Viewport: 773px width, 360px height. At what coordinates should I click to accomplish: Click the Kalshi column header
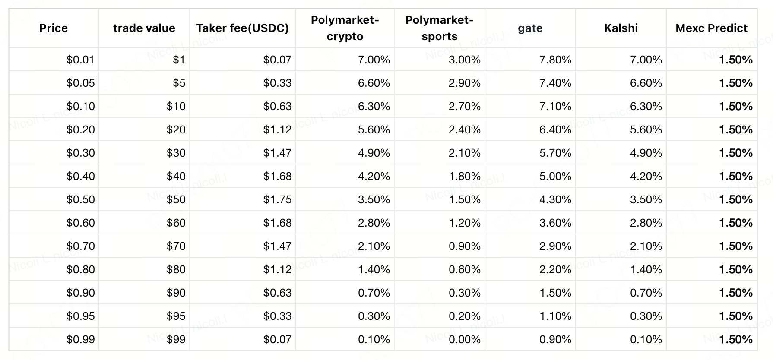tap(621, 28)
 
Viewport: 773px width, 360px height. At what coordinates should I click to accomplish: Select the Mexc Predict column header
tap(711, 28)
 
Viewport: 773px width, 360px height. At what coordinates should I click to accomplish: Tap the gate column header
tap(530, 28)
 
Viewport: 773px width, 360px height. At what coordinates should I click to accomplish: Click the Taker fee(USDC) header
tap(242, 28)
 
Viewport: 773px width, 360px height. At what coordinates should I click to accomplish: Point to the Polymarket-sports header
tap(439, 28)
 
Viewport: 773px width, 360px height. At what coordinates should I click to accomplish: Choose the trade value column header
tap(144, 28)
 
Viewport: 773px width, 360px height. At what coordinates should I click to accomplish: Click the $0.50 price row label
tap(80, 199)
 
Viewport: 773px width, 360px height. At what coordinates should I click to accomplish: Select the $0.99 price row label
tap(80, 339)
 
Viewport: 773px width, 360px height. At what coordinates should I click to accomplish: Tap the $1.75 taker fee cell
tap(277, 199)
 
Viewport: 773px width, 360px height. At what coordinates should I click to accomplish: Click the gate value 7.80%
tap(555, 60)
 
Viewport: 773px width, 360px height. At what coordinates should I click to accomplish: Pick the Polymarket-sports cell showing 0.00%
tap(465, 339)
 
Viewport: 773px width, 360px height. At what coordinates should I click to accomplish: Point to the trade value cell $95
tap(176, 316)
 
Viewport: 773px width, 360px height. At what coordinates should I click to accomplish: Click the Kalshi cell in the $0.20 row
tap(646, 129)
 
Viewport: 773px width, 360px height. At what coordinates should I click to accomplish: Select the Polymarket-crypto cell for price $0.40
tap(374, 176)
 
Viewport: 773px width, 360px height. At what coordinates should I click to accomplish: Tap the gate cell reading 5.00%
tap(555, 176)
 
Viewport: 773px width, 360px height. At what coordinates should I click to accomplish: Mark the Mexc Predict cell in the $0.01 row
tap(736, 60)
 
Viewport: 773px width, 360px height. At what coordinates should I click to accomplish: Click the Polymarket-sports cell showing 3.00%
tap(465, 60)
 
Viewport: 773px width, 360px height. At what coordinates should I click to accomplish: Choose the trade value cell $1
tap(179, 60)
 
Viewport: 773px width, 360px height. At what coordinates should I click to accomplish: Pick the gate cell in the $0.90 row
tap(555, 293)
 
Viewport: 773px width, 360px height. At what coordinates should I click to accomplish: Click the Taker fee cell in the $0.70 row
tap(277, 246)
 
